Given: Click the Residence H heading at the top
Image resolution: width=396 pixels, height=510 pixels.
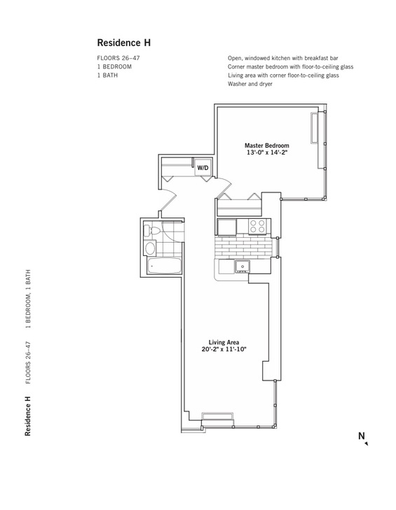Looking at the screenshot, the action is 124,43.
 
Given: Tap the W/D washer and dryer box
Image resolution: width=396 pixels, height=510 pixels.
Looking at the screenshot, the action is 203,168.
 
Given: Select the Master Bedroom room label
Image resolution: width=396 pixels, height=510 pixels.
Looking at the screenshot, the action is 267,146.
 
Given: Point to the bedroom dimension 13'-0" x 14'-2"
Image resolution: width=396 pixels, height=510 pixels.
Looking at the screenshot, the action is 267,153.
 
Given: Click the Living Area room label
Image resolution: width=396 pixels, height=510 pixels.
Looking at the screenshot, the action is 224,342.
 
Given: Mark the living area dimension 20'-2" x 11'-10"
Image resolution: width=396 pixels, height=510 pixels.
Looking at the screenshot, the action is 224,349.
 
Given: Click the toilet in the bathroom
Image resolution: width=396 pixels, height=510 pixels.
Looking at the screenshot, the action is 151,231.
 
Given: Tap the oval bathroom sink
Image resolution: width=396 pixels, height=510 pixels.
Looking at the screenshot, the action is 150,248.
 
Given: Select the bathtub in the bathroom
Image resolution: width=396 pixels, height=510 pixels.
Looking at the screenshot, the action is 164,266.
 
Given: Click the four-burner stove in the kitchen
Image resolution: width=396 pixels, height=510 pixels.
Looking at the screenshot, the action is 257,227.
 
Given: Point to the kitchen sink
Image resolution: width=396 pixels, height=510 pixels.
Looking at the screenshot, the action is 243,267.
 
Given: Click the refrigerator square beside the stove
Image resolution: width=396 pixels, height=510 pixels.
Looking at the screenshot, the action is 227,227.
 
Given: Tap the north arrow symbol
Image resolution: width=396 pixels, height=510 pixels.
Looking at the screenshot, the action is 367,443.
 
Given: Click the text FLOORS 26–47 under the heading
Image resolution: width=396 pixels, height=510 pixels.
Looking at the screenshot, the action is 118,58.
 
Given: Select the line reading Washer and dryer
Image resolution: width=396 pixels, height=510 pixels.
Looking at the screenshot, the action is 250,84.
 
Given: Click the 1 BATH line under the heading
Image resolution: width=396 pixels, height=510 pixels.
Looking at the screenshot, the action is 107,75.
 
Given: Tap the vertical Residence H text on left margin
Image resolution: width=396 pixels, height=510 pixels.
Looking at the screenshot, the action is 28,416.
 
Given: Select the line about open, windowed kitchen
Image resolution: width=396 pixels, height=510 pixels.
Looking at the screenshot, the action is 283,58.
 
